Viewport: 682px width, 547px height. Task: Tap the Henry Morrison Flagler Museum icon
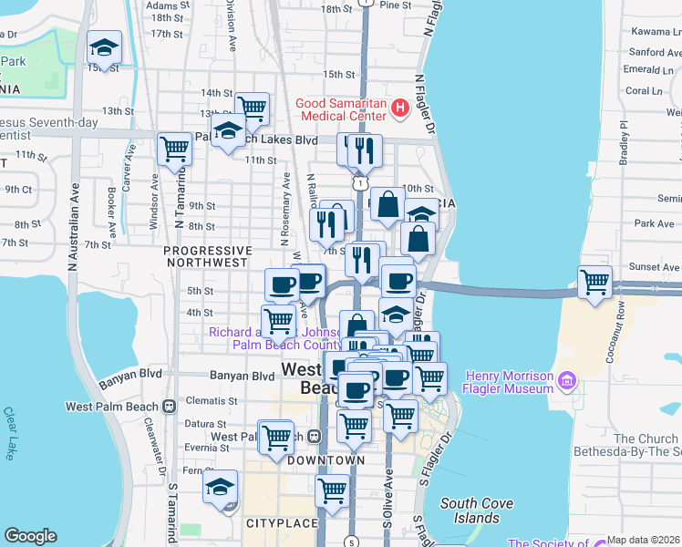pos(566,378)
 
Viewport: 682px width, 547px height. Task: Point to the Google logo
pos(30,536)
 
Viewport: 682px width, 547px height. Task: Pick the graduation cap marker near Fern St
pos(220,487)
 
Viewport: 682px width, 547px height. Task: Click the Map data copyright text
pos(643,540)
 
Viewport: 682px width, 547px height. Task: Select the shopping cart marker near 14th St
pos(252,109)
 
